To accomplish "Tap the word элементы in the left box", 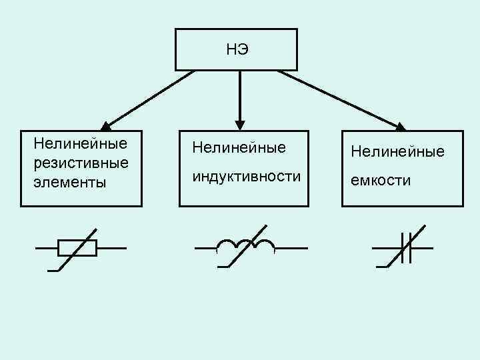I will [x=64, y=183].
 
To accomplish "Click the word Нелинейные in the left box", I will [x=73, y=143].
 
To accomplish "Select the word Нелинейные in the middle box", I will [x=238, y=147].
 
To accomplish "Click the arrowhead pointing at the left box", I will [x=107, y=125].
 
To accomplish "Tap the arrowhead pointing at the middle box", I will [x=240, y=125].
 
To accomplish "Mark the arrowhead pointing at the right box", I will [x=401, y=126].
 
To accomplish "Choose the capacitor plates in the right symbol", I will [x=407, y=247].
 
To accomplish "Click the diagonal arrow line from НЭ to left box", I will [x=150, y=98].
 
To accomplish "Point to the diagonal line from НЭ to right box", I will [x=340, y=98].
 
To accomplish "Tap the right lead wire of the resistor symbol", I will [x=111, y=248].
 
